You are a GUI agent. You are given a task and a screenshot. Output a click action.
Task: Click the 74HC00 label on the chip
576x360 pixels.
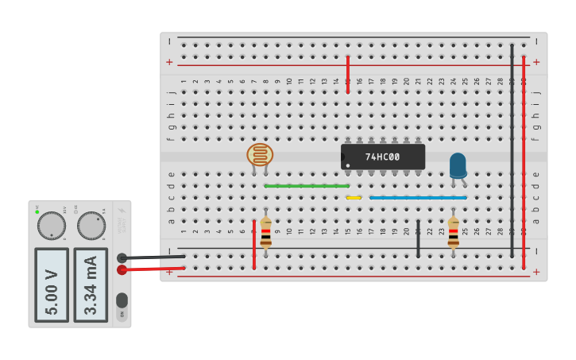coord(382,157)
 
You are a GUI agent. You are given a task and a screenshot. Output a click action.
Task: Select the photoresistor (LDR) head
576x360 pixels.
coord(260,154)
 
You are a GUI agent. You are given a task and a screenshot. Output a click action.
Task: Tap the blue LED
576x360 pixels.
coord(458,165)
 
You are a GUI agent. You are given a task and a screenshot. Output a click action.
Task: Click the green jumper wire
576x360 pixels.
coord(306,186)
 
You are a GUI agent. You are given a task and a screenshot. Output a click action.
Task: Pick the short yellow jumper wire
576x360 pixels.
coord(354,197)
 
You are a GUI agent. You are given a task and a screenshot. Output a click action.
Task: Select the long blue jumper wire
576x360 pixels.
coord(418,197)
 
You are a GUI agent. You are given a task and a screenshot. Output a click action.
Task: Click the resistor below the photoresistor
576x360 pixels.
coord(265,233)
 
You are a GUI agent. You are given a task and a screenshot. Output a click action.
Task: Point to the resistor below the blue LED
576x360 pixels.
coord(453,233)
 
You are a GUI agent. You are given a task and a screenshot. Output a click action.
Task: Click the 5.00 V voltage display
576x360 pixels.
coord(52,285)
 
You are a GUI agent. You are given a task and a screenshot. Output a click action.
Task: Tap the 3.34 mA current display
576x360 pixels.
coord(91,285)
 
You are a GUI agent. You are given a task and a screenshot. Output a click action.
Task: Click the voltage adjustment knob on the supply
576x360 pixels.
coord(52,226)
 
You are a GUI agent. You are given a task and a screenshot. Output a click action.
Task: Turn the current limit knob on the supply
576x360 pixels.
coord(91,226)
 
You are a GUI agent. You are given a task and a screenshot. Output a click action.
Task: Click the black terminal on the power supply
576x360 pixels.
coord(122,257)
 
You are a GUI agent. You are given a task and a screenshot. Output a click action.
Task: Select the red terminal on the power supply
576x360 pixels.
coord(122,270)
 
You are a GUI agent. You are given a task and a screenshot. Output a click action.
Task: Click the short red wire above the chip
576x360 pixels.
coord(348,75)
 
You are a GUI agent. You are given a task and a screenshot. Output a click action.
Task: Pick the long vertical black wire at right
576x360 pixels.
coord(512,151)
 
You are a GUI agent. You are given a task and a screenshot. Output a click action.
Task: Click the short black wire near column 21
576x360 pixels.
coord(418,238)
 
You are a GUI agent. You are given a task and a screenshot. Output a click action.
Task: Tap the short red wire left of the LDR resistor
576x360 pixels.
coord(254,244)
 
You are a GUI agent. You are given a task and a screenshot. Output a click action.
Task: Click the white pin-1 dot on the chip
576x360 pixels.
coord(347,165)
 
